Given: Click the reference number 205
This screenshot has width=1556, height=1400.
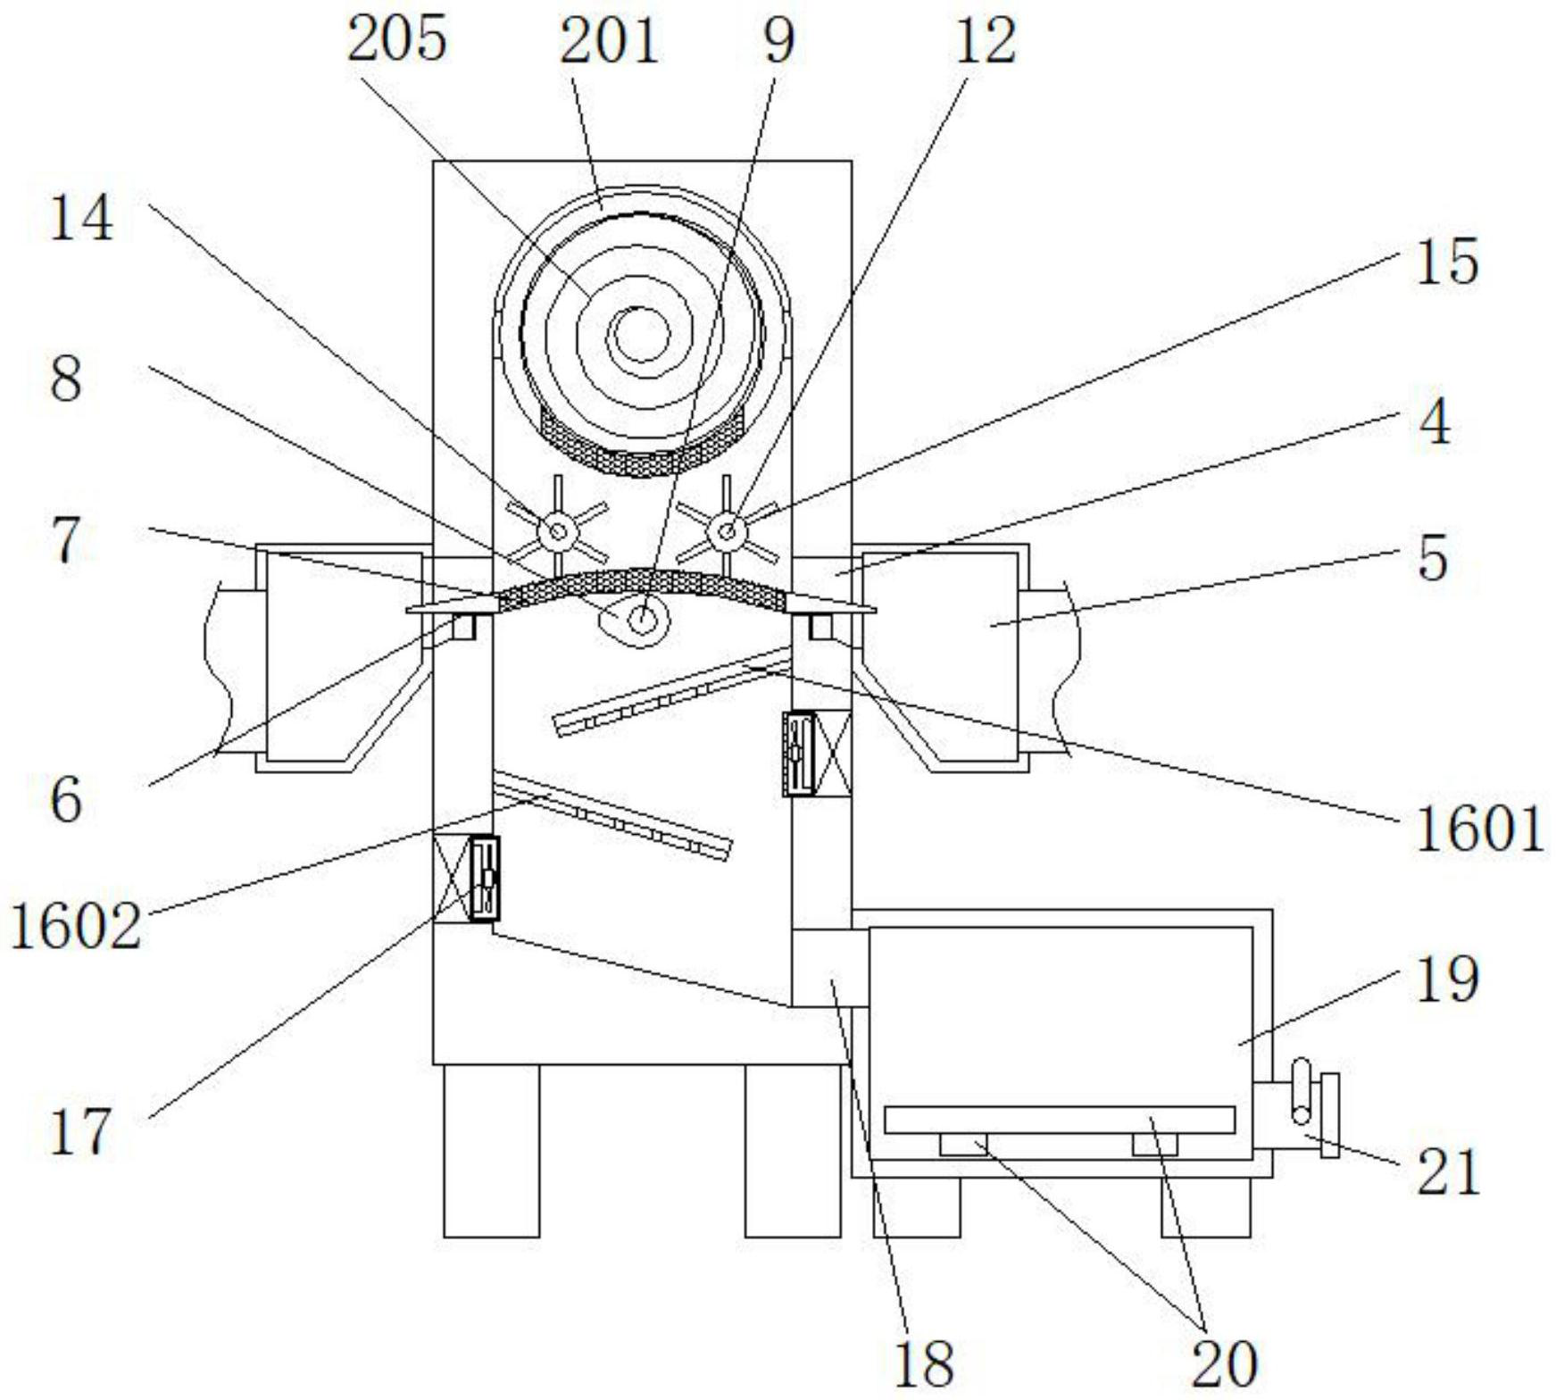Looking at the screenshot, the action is [396, 40].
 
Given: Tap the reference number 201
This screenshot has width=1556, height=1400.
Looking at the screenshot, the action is [610, 40].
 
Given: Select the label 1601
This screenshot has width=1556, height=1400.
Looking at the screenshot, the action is [1479, 829].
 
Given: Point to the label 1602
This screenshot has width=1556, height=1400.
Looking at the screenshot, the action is [76, 926].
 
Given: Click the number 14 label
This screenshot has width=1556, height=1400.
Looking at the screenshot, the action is [81, 218].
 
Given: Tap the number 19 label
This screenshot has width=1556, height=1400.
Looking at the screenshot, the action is [1447, 979].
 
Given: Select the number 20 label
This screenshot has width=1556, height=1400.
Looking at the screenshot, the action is [1224, 1363].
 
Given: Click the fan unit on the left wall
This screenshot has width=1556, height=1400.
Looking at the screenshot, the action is [484, 878].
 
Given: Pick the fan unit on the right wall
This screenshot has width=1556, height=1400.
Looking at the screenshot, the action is [799, 752].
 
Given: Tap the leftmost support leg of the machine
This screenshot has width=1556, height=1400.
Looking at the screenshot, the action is [492, 1150].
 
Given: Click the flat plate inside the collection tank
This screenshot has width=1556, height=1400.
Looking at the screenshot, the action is [1060, 1120].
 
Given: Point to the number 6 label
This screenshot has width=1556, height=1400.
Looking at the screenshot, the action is [66, 799].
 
